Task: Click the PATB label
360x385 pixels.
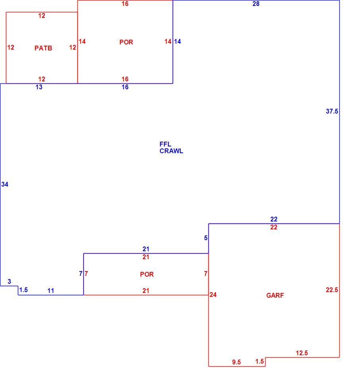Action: pos(43,48)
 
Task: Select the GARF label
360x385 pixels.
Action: pos(275,295)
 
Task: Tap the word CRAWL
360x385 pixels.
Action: pos(171,151)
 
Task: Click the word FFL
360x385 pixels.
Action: pos(165,144)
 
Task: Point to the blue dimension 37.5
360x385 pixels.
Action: pos(332,111)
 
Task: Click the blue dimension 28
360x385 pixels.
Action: pos(256,4)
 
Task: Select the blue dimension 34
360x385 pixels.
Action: pos(5,184)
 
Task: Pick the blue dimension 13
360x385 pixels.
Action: pos(39,87)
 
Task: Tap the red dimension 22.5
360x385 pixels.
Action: pos(332,290)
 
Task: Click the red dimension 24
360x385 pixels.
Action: pos(213,295)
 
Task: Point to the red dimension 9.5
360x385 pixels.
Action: pos(237,362)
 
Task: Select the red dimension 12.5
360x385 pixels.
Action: pos(302,353)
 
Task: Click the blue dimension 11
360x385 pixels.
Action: pos(50,291)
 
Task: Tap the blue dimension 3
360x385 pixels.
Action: pos(10,282)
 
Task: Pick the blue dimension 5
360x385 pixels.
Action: pos(206,238)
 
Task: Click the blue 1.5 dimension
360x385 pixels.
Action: pos(23,290)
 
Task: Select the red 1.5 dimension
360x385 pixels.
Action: pos(260,361)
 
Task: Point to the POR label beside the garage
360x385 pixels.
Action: pos(147,274)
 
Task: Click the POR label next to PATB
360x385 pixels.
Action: pos(126,42)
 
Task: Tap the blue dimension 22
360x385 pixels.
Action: pos(274,219)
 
